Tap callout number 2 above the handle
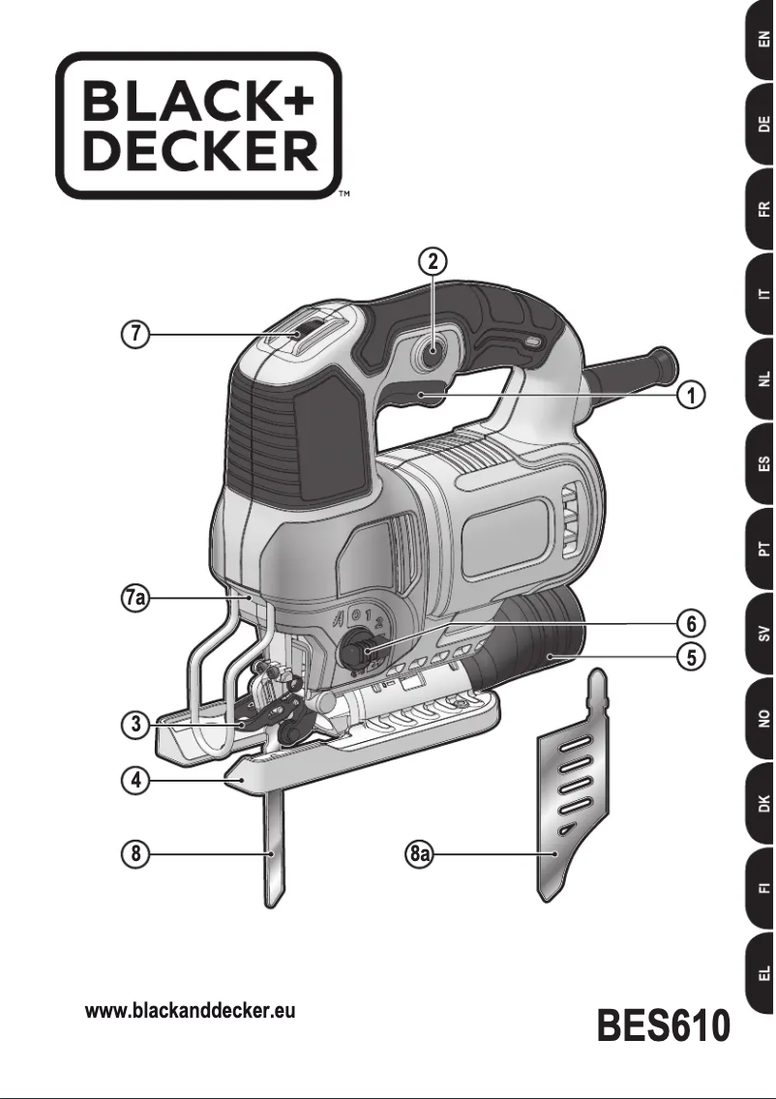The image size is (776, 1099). pos(433,260)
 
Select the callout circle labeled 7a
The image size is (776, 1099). pos(136,600)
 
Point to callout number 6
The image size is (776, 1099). pos(690,619)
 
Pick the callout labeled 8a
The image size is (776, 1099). pos(418,855)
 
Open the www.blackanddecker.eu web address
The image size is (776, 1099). pos(191,1011)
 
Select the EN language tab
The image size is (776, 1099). pos(762,42)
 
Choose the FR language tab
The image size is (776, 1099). pos(762,209)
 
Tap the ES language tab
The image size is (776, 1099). pos(762,466)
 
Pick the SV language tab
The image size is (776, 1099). pos(762,635)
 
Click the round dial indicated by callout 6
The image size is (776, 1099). pos(353,652)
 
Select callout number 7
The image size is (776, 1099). pos(136,335)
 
